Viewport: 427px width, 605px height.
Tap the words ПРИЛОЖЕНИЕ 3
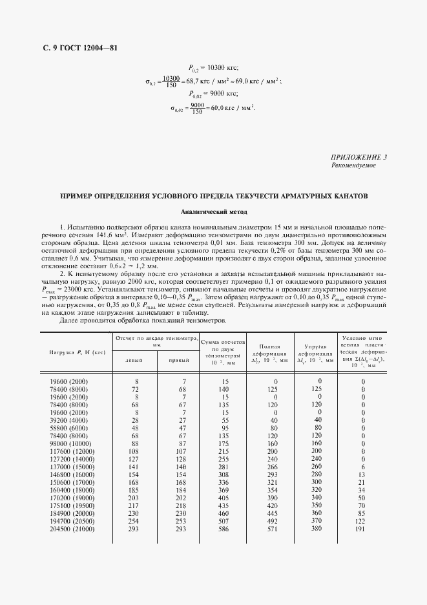pyautogui.click(x=359, y=157)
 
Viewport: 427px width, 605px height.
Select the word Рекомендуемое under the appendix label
pyautogui.click(x=353, y=165)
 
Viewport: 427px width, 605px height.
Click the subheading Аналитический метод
pyautogui.click(x=213, y=211)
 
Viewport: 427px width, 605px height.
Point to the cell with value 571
pyautogui.click(x=271, y=528)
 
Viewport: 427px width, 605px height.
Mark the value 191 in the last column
pyautogui.click(x=361, y=528)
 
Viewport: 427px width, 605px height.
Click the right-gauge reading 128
pyautogui.click(x=180, y=458)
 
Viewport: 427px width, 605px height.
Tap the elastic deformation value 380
pyautogui.click(x=316, y=528)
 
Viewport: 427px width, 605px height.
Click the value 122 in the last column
pyautogui.click(x=361, y=520)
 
